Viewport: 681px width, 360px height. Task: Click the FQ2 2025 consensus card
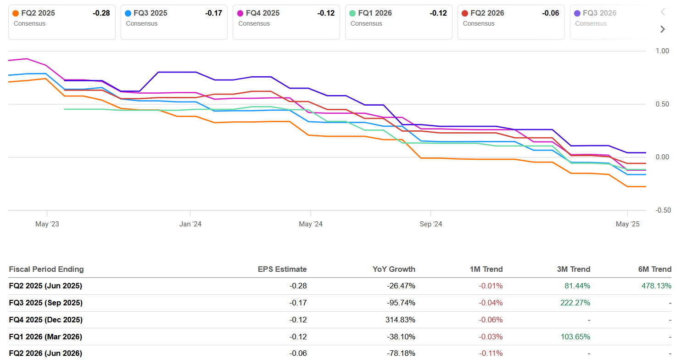click(61, 22)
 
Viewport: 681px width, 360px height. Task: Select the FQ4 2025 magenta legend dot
click(240, 13)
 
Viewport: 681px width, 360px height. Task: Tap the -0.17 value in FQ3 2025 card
click(213, 13)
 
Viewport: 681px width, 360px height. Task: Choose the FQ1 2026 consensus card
click(398, 22)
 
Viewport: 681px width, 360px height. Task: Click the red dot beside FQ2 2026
click(465, 13)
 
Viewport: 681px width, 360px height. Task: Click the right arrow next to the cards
click(662, 29)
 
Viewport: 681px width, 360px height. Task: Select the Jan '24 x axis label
click(190, 224)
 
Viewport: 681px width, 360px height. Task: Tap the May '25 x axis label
click(627, 224)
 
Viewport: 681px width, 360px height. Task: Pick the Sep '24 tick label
click(430, 224)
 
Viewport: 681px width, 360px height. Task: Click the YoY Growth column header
click(394, 270)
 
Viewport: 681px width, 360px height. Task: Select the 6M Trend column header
click(654, 270)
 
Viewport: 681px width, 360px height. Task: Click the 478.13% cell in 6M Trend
click(656, 286)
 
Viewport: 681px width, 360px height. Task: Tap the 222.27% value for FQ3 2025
click(575, 303)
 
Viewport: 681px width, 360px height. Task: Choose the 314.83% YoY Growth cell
click(400, 320)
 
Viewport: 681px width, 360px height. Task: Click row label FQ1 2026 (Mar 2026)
click(45, 337)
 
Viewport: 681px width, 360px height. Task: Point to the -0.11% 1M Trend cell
click(491, 354)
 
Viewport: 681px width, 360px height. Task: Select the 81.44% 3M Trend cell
click(577, 286)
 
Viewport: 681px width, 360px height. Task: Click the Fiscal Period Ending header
click(46, 270)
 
